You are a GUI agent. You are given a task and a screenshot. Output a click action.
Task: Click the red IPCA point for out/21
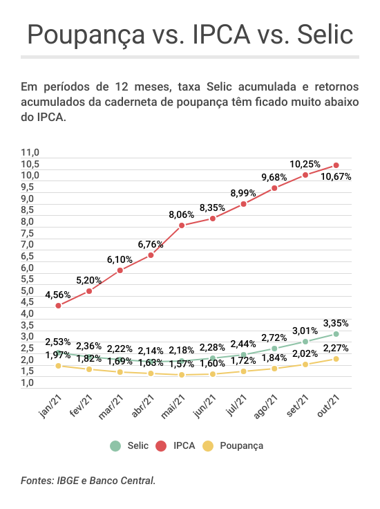click(x=336, y=165)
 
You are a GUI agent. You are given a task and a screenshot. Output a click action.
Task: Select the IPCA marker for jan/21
click(x=58, y=306)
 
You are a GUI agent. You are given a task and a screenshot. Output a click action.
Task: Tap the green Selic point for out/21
click(x=336, y=334)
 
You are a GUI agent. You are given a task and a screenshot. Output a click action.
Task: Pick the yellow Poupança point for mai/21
click(x=182, y=375)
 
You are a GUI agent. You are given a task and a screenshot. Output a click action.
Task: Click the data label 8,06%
click(x=181, y=214)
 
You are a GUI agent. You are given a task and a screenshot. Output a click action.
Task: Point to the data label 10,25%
click(x=305, y=164)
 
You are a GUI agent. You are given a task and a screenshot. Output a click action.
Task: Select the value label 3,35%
click(x=336, y=323)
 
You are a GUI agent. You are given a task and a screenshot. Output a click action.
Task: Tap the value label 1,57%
click(x=181, y=364)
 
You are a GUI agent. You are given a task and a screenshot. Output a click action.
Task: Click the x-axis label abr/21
click(x=142, y=406)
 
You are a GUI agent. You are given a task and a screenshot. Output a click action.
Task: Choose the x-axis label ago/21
click(x=265, y=407)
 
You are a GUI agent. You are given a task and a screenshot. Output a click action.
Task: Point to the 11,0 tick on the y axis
click(x=30, y=152)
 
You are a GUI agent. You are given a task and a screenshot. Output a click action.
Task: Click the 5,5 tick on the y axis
click(x=27, y=279)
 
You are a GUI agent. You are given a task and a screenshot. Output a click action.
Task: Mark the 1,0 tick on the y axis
click(x=27, y=382)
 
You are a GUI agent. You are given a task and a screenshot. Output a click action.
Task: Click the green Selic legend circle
click(x=115, y=445)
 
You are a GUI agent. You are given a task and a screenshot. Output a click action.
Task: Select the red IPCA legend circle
click(x=161, y=445)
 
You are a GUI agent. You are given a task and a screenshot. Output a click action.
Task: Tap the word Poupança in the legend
click(x=242, y=446)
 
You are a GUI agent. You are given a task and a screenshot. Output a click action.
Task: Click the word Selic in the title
click(x=325, y=34)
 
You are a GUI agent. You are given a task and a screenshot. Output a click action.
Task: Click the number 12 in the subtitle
click(x=122, y=86)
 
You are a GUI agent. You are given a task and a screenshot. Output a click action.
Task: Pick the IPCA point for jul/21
click(x=243, y=204)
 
